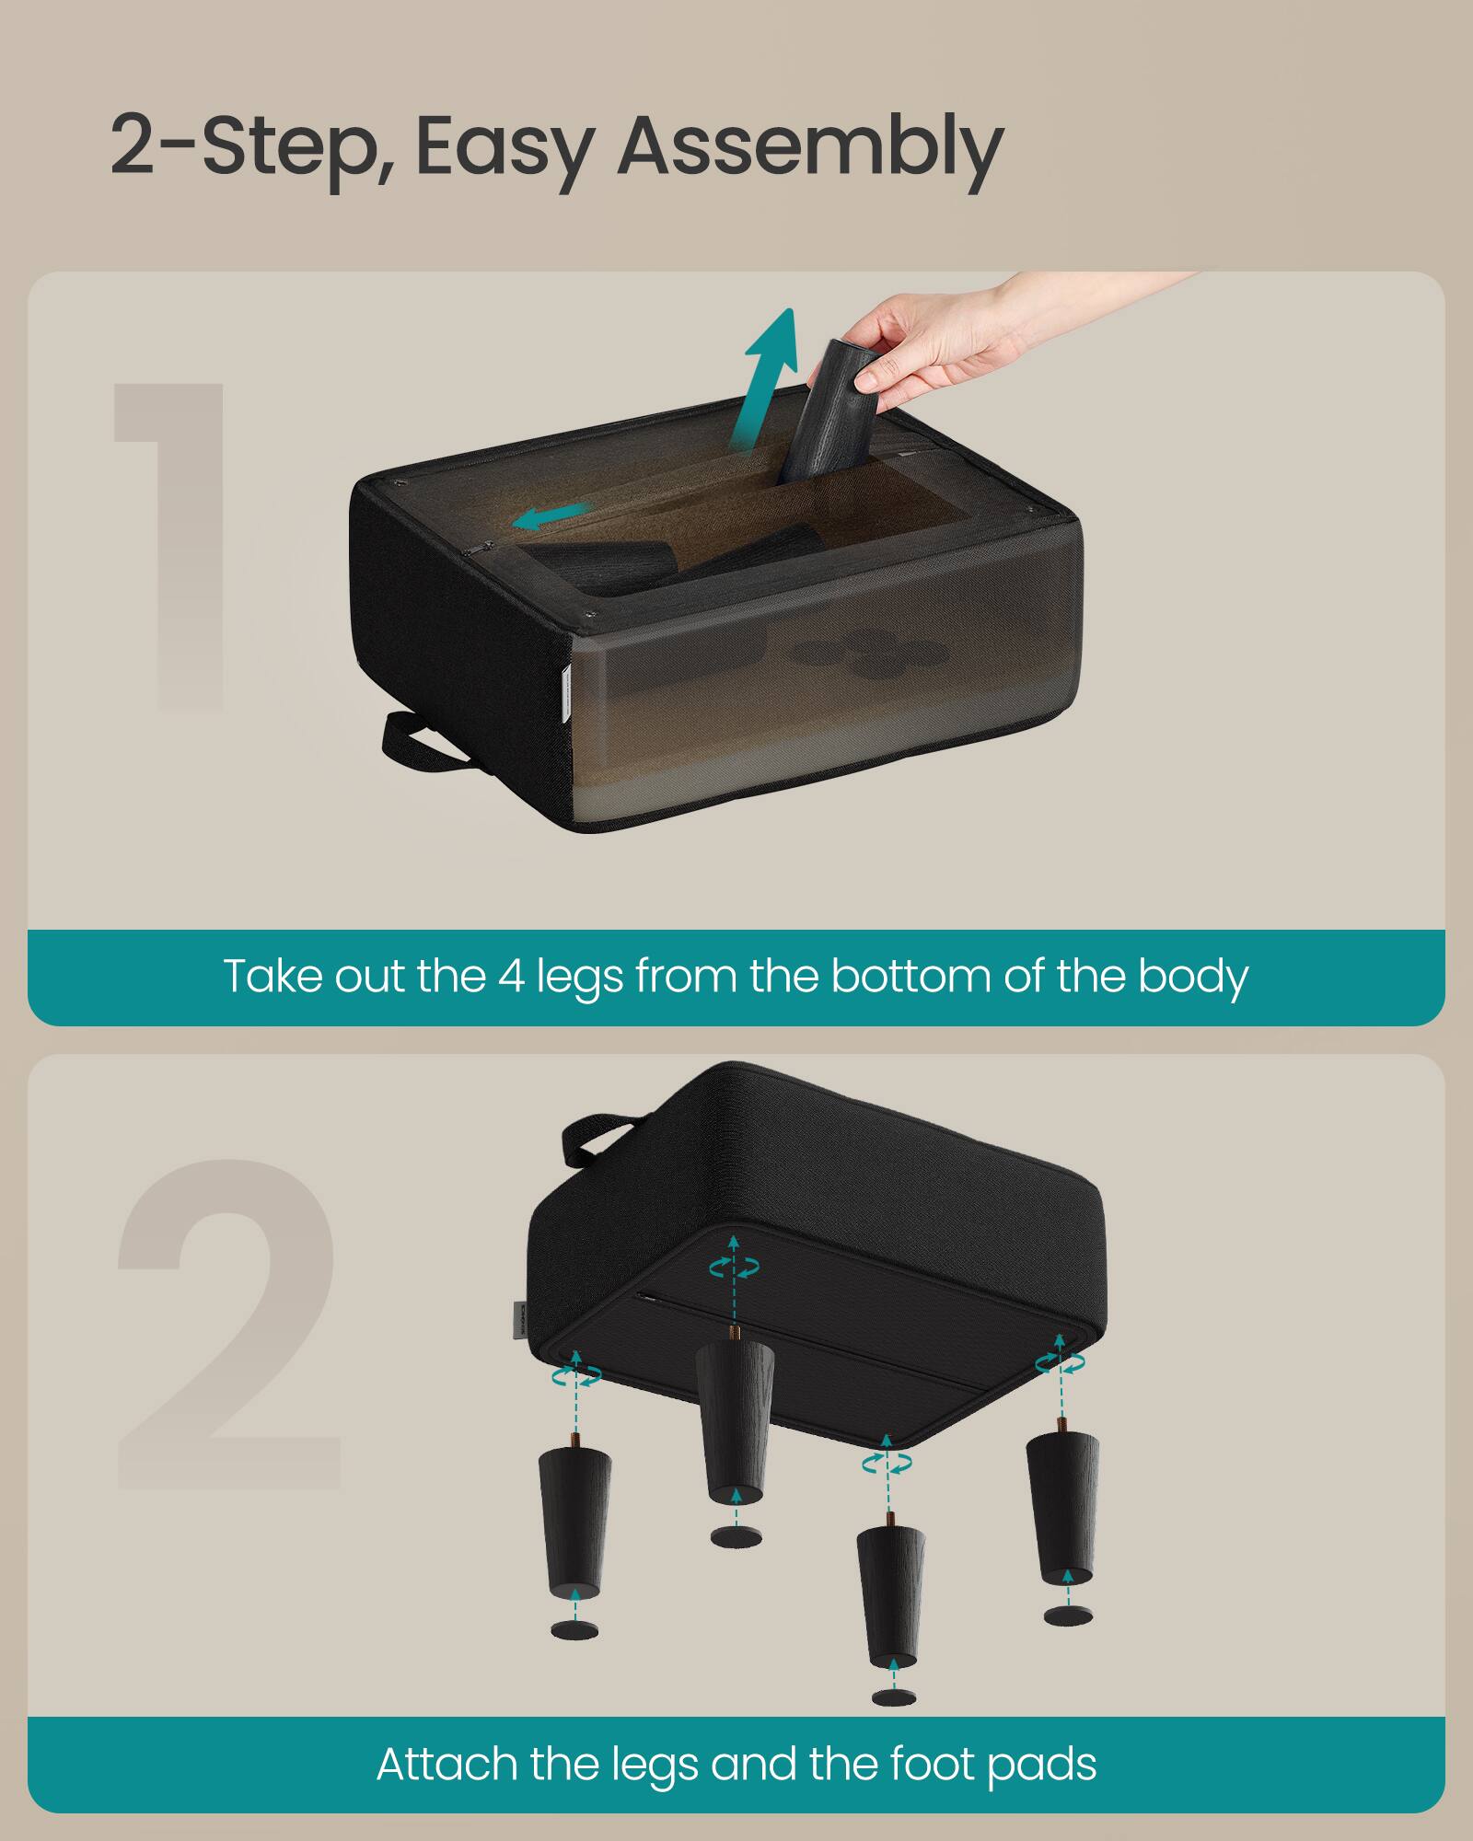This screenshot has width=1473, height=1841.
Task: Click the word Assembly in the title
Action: tap(810, 147)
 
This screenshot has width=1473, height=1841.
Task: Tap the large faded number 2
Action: tap(230, 1326)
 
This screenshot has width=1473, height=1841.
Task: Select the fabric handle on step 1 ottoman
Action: tap(425, 742)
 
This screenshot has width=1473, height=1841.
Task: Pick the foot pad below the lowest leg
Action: tap(888, 1696)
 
